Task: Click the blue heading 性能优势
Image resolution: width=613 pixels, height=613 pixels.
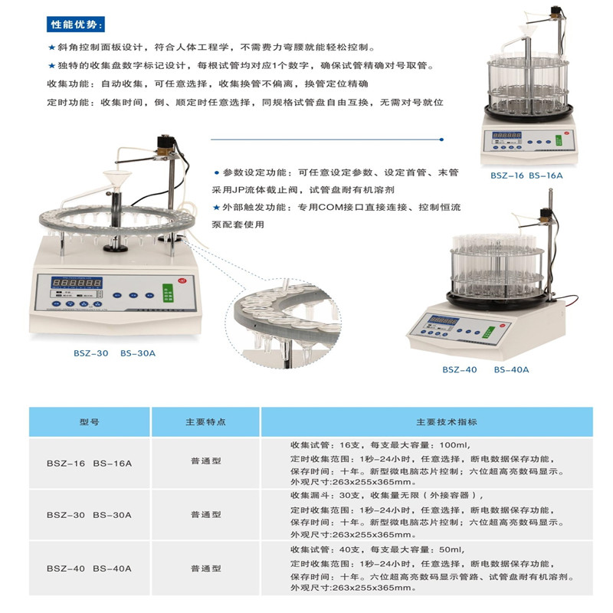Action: pos(75,25)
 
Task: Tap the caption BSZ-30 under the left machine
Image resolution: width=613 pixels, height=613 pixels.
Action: pos(90,353)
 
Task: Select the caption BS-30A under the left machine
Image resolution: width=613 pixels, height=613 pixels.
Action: pos(138,353)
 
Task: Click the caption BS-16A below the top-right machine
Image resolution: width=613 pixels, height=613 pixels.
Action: pos(546,175)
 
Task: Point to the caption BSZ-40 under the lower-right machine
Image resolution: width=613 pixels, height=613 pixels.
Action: pos(459,369)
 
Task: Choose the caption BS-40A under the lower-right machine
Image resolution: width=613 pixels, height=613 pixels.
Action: pos(511,369)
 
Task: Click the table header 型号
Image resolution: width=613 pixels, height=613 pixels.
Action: pos(90,422)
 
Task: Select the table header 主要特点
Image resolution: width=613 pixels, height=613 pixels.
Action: pos(205,422)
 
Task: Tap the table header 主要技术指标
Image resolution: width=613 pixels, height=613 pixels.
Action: pos(447,422)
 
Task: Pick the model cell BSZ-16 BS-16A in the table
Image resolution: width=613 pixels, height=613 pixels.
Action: pos(89,464)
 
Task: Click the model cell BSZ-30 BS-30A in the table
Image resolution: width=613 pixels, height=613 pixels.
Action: pos(89,515)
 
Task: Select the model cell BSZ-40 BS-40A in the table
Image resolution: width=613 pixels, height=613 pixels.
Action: pos(89,569)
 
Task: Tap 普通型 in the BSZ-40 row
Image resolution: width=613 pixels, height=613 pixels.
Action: pos(206,569)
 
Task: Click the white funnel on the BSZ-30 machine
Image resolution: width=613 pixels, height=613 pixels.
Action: pos(117,180)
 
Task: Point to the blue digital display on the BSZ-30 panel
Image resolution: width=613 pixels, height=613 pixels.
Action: pos(77,283)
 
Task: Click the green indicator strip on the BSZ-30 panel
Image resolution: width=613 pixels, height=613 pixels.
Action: pos(168,293)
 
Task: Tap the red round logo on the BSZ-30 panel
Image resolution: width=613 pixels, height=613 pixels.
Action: pos(182,280)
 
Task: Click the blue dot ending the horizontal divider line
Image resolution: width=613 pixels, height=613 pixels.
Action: pos(441,139)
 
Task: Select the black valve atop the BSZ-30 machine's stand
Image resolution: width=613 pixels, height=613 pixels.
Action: pos(166,143)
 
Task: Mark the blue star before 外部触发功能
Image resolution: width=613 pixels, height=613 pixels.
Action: pos(216,208)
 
